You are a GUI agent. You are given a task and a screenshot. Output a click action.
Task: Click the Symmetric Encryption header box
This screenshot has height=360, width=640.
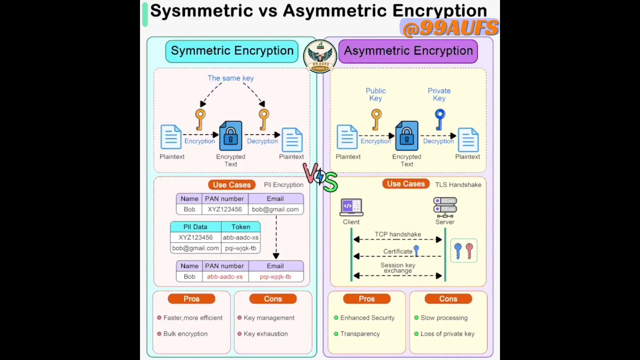(x=232, y=51)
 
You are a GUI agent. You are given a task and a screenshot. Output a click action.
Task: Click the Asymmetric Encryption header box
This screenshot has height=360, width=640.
(x=408, y=51)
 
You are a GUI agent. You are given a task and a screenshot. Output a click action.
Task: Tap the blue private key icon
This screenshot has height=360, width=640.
(x=439, y=118)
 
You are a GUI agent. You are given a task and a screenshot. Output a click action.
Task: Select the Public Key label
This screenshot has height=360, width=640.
(x=375, y=94)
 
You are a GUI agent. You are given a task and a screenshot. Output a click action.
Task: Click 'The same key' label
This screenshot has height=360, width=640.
(x=230, y=78)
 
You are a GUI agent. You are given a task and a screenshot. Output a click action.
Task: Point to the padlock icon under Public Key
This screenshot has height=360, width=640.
(x=406, y=135)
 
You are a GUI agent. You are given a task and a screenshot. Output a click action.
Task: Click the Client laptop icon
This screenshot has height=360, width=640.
(x=351, y=207)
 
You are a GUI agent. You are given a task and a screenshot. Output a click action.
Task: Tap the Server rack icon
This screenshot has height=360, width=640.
(x=445, y=207)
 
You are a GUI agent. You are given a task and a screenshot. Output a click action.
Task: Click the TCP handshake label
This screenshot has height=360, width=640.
(x=398, y=234)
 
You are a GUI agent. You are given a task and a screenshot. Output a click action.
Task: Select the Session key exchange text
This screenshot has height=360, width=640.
(x=398, y=268)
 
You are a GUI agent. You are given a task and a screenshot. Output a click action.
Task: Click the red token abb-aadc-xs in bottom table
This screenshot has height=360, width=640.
(x=224, y=276)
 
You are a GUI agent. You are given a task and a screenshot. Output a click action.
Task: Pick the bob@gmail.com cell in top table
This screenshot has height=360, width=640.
(x=275, y=209)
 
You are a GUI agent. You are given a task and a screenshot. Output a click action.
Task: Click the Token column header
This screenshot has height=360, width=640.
(x=240, y=226)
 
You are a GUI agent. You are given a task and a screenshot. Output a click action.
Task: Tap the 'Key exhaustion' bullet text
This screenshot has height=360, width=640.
(x=265, y=333)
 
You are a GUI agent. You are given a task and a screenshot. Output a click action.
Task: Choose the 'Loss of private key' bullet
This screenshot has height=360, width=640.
(x=447, y=333)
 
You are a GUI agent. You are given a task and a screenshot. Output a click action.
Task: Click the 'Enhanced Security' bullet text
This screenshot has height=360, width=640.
(x=367, y=317)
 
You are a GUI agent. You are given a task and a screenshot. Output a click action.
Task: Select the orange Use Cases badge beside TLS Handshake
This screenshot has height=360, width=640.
(x=405, y=184)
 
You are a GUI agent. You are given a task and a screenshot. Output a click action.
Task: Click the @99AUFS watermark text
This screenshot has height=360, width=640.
(x=450, y=28)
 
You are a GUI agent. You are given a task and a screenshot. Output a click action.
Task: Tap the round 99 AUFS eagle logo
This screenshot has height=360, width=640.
(x=320, y=56)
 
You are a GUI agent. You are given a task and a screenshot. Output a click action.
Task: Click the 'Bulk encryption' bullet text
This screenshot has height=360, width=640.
(x=185, y=333)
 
